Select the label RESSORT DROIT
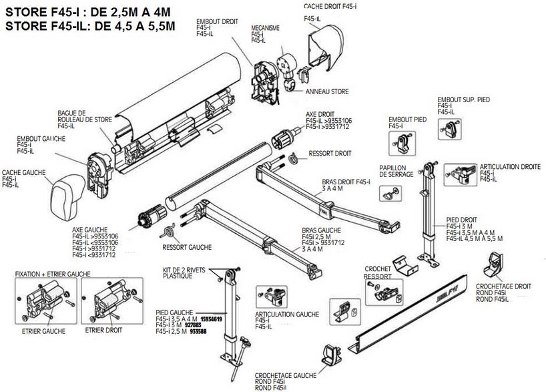[330, 153]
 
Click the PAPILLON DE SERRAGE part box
[390, 192]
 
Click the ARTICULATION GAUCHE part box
[269, 294]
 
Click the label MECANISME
[265, 29]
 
